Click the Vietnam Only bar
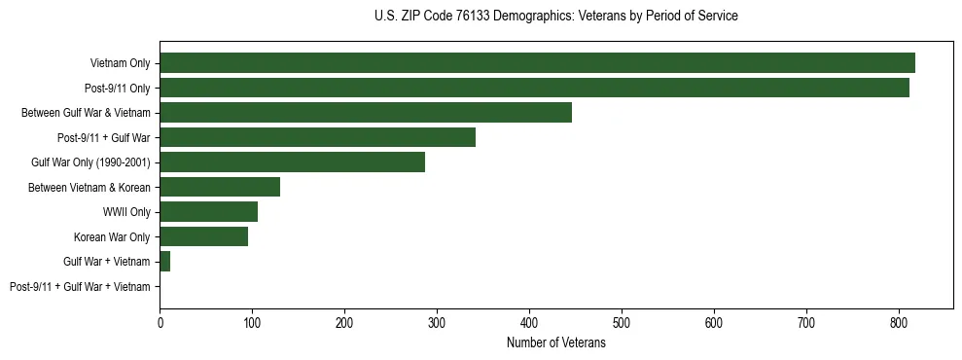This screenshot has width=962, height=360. coord(537,63)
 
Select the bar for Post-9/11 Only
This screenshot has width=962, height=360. coord(534,88)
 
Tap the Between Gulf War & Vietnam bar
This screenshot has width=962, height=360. coord(366,113)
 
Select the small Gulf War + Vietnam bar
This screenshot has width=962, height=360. coord(164,261)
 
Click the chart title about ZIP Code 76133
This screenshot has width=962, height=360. coord(555,17)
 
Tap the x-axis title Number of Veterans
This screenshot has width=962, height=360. coord(555,343)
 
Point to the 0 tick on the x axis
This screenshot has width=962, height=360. coord(160,324)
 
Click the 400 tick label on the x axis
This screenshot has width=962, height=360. coord(529,324)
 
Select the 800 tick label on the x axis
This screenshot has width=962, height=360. coord(899,324)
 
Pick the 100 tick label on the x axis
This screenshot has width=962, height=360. coord(252,324)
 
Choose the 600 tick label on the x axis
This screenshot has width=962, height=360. coord(714,324)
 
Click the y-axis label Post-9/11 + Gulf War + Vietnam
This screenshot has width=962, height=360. coord(80,286)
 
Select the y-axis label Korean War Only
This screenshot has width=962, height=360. coord(112,236)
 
